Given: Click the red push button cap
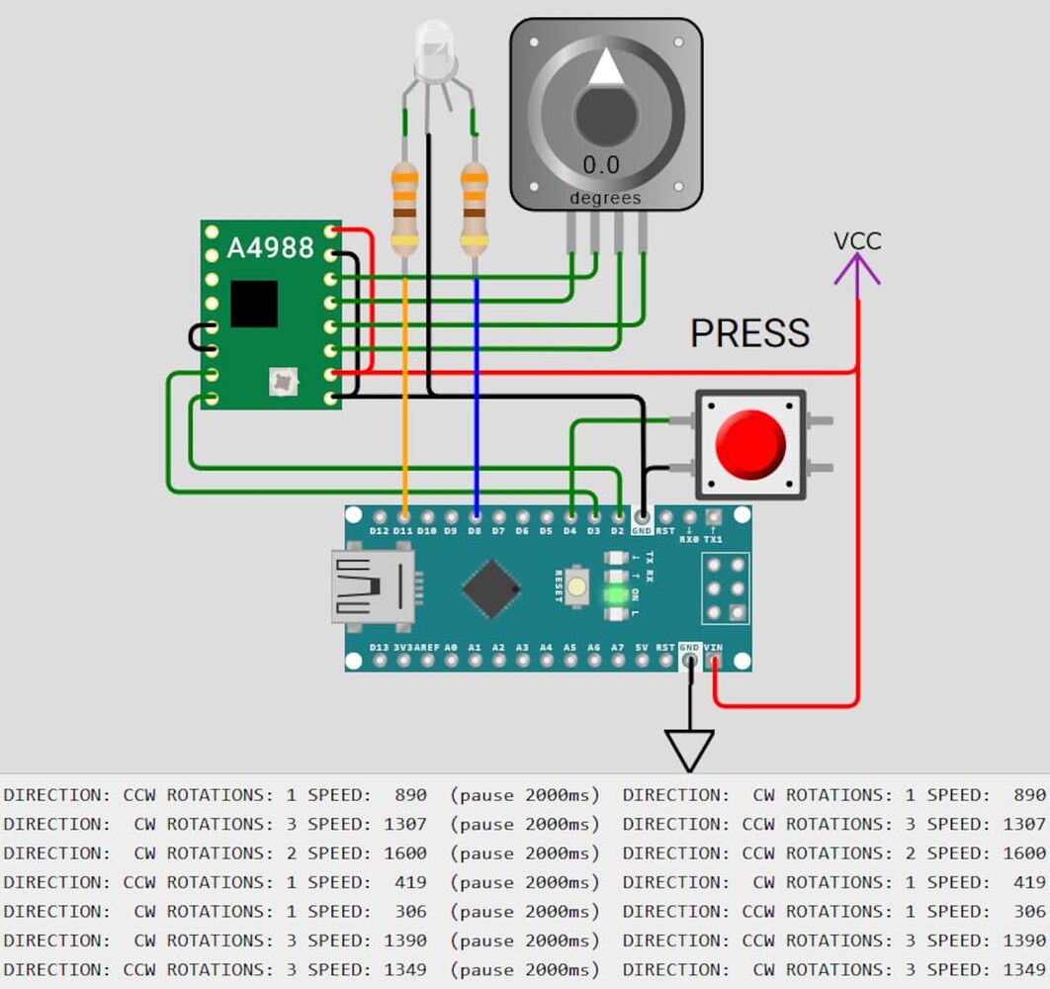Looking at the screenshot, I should point(750,444).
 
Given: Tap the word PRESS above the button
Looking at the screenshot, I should point(749,334).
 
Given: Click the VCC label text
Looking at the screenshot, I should point(856,241).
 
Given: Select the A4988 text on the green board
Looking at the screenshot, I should point(270,247).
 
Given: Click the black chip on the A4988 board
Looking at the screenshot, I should point(254,304).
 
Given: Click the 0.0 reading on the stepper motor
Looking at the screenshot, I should point(600,165).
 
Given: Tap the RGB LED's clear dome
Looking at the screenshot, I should point(434,49).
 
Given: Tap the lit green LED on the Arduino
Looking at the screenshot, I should point(616,595).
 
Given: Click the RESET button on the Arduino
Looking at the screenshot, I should point(576,587).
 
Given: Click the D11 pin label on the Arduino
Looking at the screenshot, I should point(402,531).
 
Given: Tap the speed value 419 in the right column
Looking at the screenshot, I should point(1028,882).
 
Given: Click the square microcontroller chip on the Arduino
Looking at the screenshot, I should point(491,588).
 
